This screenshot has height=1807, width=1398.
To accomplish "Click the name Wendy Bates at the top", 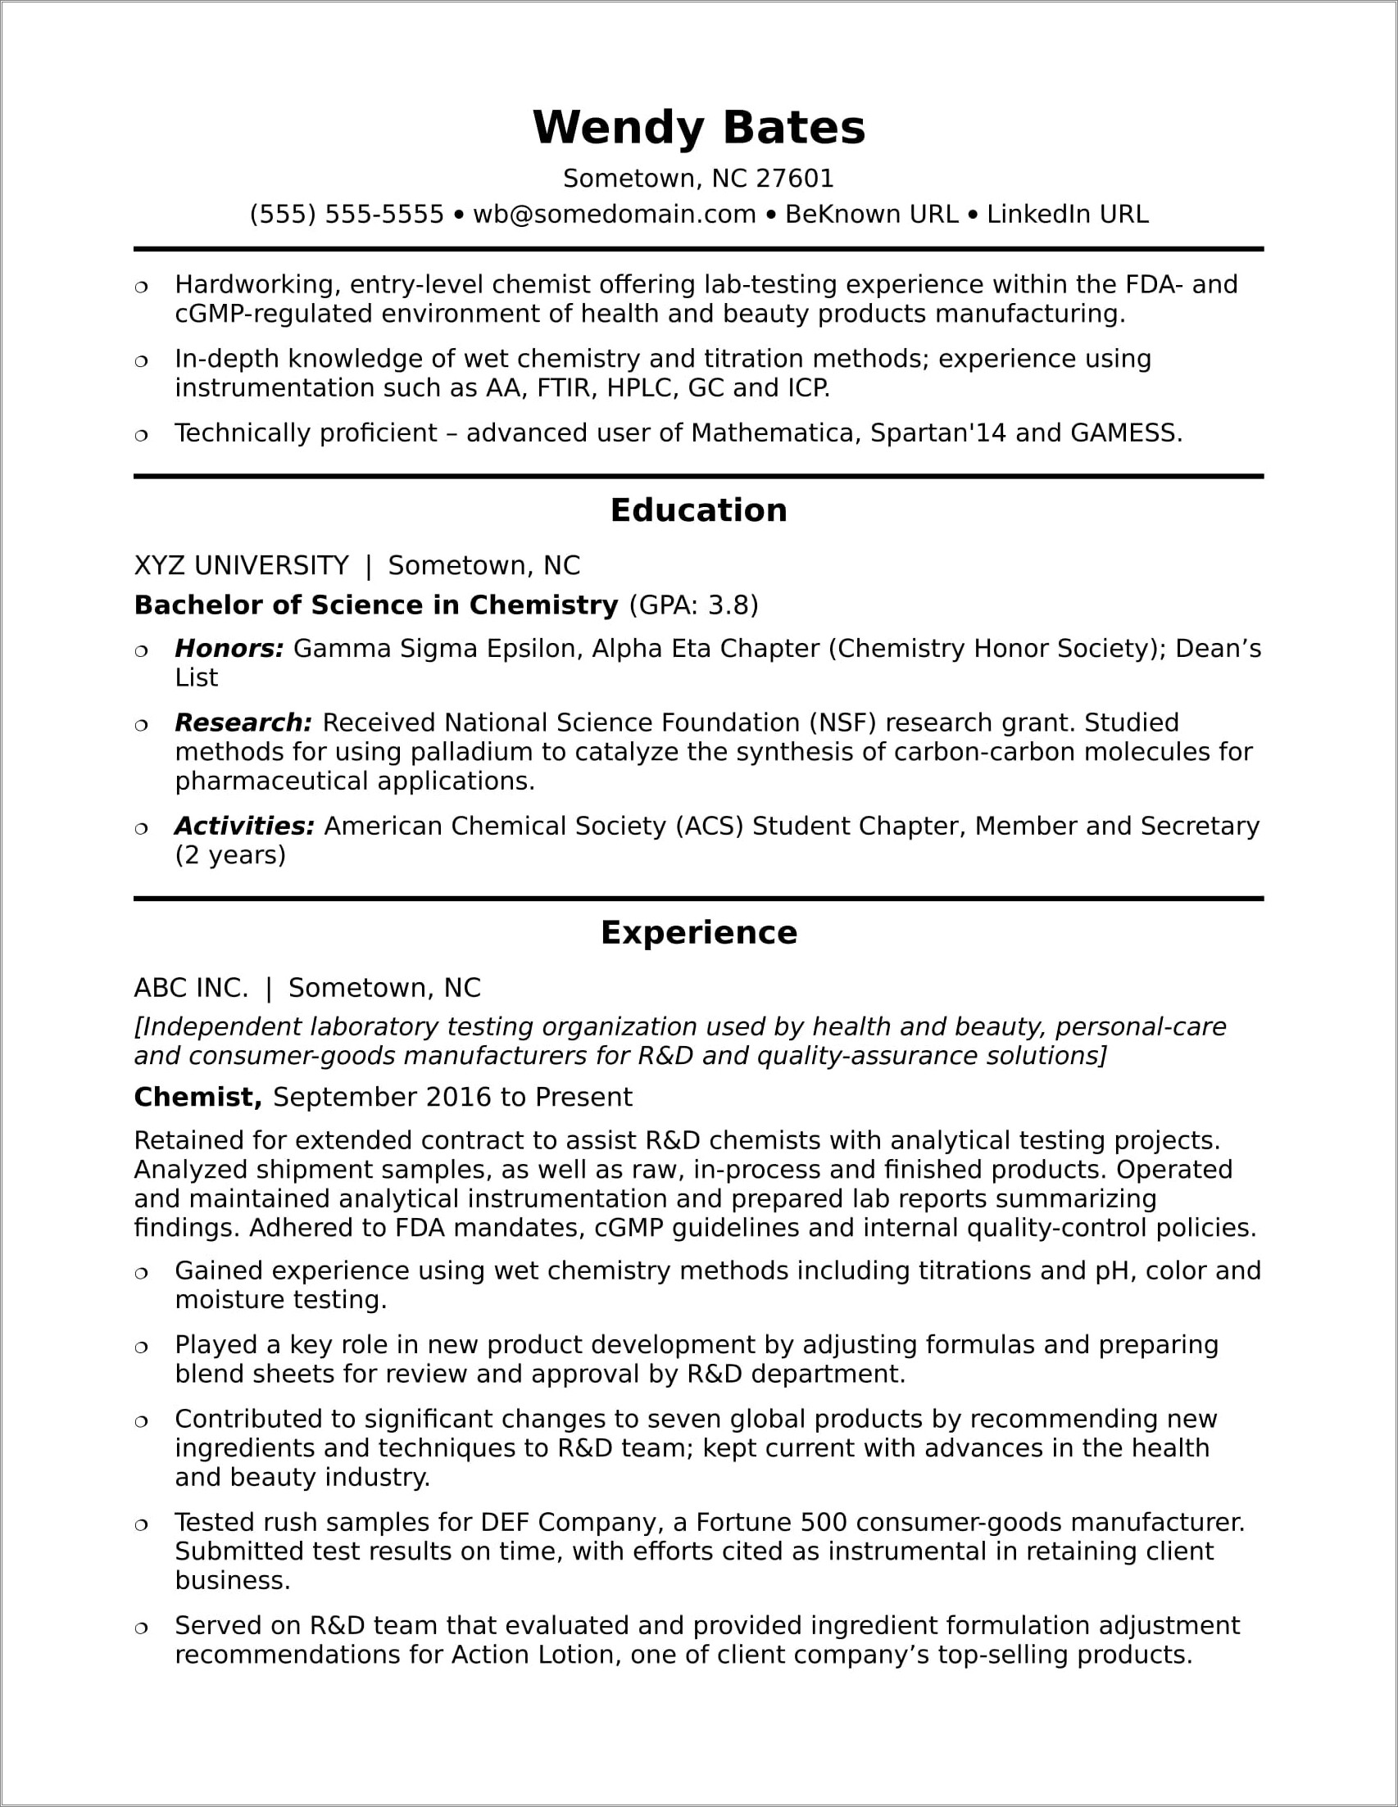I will pos(698,129).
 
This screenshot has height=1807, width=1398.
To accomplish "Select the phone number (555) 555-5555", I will pos(347,215).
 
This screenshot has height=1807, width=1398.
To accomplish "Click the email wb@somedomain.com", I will pos(614,215).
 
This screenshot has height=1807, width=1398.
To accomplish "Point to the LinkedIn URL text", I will pos(1067,215).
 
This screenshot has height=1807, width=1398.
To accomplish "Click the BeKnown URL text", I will pos(871,215).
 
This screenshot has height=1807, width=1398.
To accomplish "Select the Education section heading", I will pos(698,510).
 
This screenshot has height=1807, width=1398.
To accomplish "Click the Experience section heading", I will pos(698,932).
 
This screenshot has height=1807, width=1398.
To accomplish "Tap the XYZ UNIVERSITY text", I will pos(241,566).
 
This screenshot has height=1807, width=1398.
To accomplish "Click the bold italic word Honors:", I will pos(229,649).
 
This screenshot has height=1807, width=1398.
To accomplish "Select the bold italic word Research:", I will pos(243,723).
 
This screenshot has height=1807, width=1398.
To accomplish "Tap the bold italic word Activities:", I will pos(244,826).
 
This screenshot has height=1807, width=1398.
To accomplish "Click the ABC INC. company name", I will pos(191,988).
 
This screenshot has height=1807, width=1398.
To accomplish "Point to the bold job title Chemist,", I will pos(197,1097).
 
